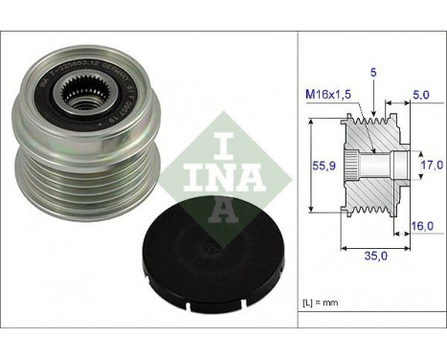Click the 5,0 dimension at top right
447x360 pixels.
[x=418, y=95]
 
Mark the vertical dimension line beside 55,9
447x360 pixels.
[x=313, y=165]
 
